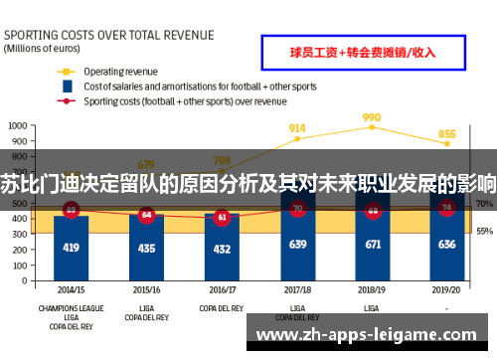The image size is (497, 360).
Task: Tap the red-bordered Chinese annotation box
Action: tap(362, 53)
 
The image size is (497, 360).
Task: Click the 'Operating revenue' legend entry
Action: tap(118, 72)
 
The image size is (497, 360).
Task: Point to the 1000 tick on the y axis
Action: tap(18, 126)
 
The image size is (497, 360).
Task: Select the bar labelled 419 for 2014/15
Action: tap(71, 247)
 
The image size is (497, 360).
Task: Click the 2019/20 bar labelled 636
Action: tap(447, 244)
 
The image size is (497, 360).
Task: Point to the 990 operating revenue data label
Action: tap(372, 116)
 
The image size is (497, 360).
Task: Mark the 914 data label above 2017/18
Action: tap(297, 128)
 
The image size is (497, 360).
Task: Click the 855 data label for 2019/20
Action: tap(447, 134)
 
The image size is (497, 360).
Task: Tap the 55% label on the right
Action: tap(484, 231)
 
